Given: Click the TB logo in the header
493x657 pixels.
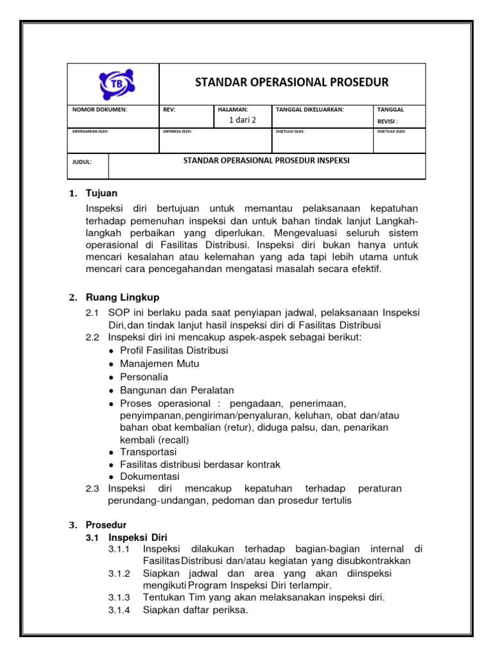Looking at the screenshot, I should click(x=114, y=84).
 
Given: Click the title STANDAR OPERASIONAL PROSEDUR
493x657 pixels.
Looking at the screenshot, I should click(x=291, y=83).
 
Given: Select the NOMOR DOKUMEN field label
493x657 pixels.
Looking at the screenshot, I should click(x=99, y=110).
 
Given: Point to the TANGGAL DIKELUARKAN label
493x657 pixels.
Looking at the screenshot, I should click(x=309, y=110).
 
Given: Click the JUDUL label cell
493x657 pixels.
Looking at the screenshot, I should click(x=82, y=162).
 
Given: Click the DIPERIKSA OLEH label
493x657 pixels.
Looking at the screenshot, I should click(x=178, y=132).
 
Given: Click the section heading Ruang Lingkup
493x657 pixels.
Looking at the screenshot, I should click(x=123, y=297).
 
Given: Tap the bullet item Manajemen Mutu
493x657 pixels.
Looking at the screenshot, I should click(x=159, y=364).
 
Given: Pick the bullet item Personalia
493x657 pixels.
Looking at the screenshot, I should click(x=144, y=377).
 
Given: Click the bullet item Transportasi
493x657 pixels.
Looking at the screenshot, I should click(x=148, y=452).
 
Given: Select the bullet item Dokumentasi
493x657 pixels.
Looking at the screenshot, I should click(x=150, y=477).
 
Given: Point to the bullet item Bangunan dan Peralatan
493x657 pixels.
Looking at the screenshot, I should click(x=177, y=389).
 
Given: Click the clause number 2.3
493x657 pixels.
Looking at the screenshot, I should click(x=92, y=489).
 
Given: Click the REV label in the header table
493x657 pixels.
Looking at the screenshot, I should click(x=169, y=110).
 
